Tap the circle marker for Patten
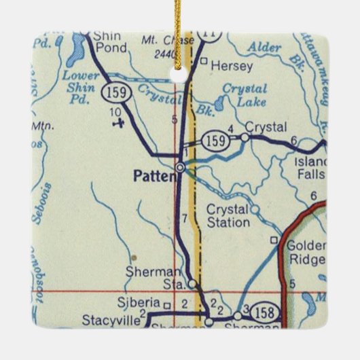180,167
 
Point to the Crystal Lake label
244,96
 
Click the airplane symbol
120,123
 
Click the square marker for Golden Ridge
274,240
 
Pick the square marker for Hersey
204,62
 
